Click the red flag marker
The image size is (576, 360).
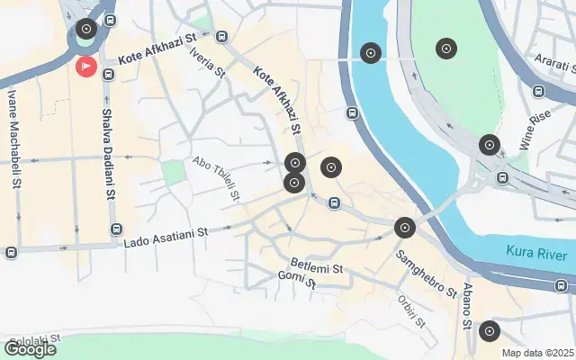(x=86, y=66)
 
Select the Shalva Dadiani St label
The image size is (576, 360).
(x=108, y=152)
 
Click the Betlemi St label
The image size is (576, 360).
(x=317, y=267)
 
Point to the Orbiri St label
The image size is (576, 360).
(x=411, y=310)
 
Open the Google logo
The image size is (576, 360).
(x=30, y=349)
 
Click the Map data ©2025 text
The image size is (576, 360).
(x=536, y=353)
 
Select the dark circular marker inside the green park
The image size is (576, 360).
(x=445, y=49)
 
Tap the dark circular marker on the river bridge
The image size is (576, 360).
(x=370, y=53)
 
